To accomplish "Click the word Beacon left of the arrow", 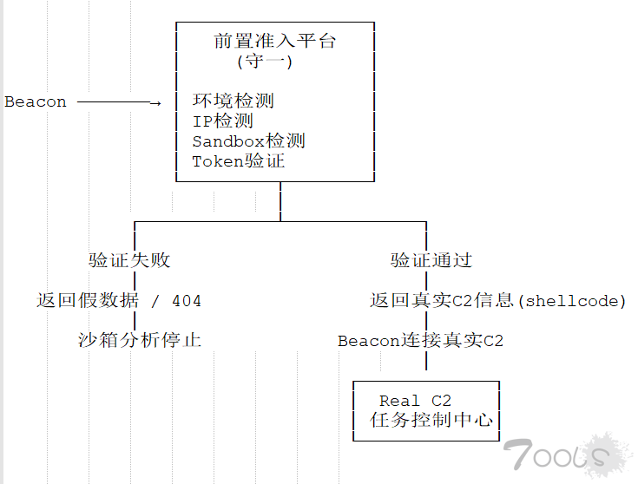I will pos(36,102).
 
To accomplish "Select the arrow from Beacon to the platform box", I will pos(119,102).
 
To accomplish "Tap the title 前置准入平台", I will pos(274,41).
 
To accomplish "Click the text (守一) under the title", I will pos(265,62).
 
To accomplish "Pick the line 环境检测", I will pos(233,101).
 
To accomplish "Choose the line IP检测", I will pos(222,121).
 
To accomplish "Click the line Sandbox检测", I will pos(248,141).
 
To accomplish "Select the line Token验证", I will pos(238,160).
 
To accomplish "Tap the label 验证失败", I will pos(129,260).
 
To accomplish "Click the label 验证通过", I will pos(431,260).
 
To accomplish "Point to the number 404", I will pos(187,301).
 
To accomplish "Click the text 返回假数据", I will pos(87,301).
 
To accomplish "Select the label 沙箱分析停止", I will pos(139,341).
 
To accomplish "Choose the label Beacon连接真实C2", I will pos(420,341).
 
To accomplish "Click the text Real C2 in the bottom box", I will pos(415,401).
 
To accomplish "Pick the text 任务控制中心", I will pos(431,421).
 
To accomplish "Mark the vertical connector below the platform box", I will pos(280,201).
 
